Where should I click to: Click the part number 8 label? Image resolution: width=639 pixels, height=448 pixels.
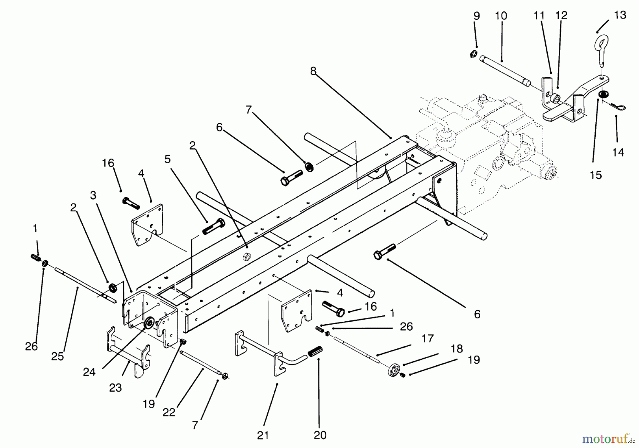[x=313, y=71]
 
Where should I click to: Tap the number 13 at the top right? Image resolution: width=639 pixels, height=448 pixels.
[x=620, y=15]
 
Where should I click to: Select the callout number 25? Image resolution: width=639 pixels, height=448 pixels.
[x=58, y=356]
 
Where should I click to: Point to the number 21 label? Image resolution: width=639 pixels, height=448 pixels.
[x=263, y=435]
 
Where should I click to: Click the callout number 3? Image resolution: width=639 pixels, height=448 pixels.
[x=93, y=195]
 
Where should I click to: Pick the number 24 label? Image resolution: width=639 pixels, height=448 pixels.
[x=89, y=371]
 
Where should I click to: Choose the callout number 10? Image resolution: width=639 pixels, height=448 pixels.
[x=501, y=16]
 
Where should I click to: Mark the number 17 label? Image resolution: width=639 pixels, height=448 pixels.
[x=428, y=338]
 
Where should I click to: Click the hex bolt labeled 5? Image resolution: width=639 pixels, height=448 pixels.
[x=214, y=226]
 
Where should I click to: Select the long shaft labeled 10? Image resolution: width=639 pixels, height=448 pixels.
[x=504, y=71]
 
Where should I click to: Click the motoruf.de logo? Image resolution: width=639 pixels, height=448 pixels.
[x=607, y=439]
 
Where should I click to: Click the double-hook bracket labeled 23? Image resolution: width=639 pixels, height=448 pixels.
[x=128, y=351]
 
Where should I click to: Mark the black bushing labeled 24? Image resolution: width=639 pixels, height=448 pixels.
[x=149, y=323]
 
